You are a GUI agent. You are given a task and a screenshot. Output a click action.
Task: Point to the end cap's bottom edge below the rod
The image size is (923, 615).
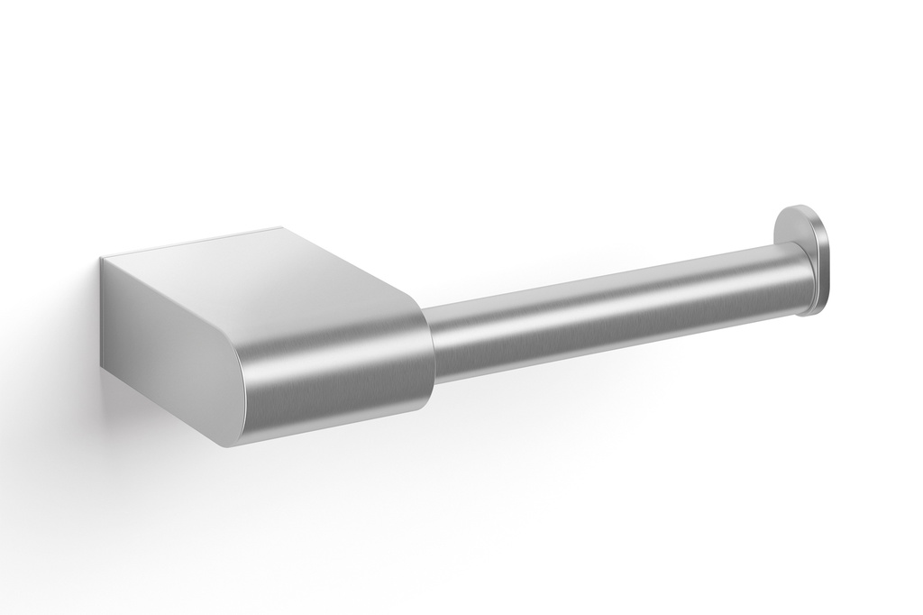808,311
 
